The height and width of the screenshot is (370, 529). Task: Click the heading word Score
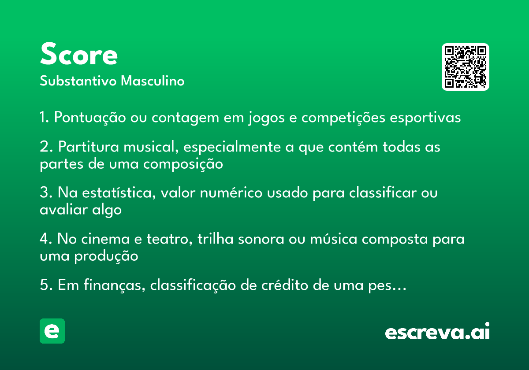(78, 54)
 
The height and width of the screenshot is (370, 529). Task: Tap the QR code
(465, 67)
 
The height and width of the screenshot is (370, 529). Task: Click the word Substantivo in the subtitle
(78, 81)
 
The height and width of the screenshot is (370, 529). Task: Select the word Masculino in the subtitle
(153, 81)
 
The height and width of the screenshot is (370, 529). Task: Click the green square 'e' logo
(52, 331)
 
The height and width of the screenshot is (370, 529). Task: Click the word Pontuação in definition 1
(90, 118)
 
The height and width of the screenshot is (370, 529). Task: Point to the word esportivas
(425, 118)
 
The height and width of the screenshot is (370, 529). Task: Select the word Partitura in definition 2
(88, 147)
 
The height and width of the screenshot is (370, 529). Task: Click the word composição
(183, 164)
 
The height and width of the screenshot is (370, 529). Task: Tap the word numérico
(231, 192)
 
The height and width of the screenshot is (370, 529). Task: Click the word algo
(107, 210)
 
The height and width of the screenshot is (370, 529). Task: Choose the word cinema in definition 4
(105, 239)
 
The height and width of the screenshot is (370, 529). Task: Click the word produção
(106, 256)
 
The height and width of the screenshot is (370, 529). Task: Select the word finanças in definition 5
(114, 285)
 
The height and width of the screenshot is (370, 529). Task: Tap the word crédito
(285, 285)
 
